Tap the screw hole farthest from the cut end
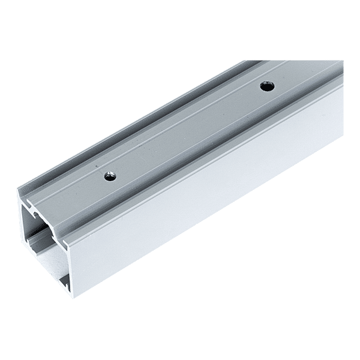pyautogui.click(x=265, y=86)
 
